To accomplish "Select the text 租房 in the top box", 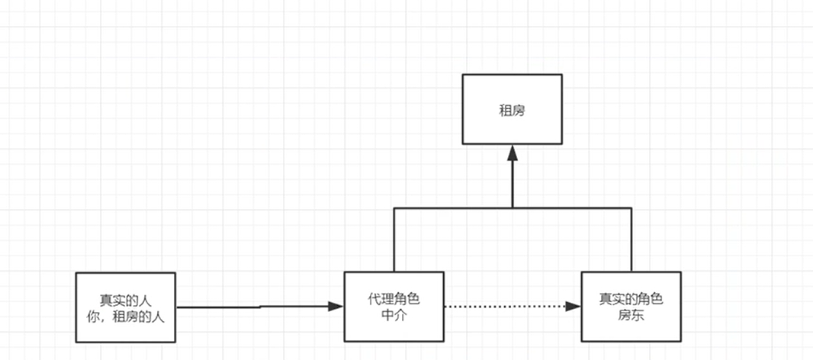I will pos(512,110).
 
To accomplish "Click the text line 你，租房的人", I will pos(126,314).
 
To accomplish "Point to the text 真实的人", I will pos(126,299).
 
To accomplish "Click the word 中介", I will pos(394,314).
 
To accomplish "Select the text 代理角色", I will pos(394,299).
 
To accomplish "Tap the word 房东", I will pos(631,314).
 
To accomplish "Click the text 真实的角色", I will pos(631,299).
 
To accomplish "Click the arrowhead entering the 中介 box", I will pos(336,307).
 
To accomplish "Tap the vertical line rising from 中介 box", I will pos(394,240).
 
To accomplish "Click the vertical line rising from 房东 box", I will pos(631,240).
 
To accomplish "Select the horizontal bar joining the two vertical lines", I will pos(458,207).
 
